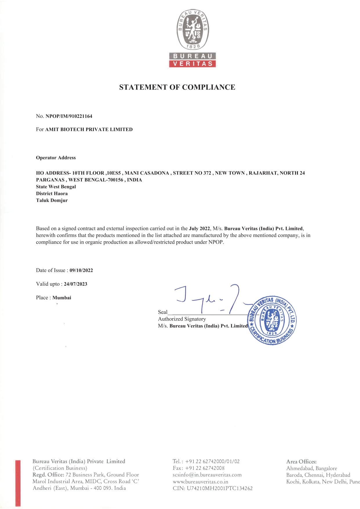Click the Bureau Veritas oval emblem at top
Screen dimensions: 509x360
(193, 29)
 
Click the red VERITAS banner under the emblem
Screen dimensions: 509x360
(193, 64)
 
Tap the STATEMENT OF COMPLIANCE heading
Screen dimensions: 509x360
(177, 87)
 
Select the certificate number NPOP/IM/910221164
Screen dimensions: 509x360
(69, 116)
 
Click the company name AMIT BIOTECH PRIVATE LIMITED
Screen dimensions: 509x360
(89, 129)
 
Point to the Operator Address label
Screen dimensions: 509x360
(56, 158)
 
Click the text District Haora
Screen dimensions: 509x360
(52, 193)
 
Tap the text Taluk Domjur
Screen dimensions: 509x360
(52, 200)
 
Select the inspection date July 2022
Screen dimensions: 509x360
(199, 229)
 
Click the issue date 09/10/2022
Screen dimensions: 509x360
(81, 270)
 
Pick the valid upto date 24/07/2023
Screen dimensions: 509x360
(75, 284)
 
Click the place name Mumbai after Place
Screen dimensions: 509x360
(61, 298)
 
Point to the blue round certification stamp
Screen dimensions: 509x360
(272, 320)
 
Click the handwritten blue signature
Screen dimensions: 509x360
(209, 299)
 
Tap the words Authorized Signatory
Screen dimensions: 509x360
(182, 319)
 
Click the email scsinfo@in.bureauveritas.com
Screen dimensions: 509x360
(207, 475)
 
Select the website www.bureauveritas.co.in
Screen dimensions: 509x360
(200, 481)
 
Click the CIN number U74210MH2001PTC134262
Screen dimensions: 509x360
(220, 488)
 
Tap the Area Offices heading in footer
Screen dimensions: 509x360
(301, 461)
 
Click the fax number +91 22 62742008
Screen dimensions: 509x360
(205, 468)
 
